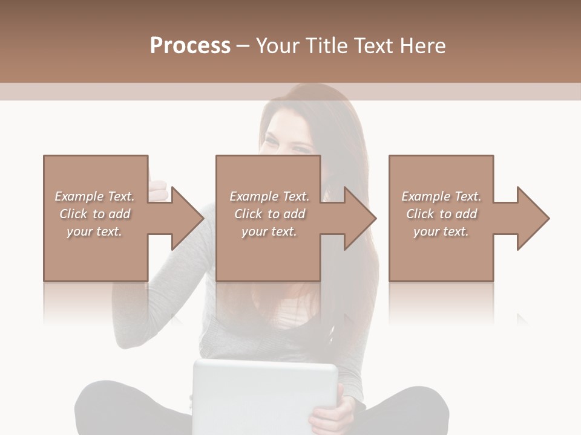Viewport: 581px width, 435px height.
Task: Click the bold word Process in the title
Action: (190, 46)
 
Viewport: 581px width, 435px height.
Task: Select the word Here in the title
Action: (423, 46)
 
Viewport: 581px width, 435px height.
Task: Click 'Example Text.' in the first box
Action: (95, 196)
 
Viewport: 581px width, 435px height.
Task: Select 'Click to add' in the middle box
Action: (270, 214)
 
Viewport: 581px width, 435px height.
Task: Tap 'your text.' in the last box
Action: (441, 231)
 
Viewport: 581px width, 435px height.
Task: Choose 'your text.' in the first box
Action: (95, 231)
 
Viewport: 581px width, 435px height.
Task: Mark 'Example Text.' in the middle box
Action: (270, 196)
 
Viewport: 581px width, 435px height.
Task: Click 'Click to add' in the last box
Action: (441, 214)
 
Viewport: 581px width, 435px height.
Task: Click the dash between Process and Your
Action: (243, 46)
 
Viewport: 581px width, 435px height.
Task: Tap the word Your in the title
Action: (277, 46)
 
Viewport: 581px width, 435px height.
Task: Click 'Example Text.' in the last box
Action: (441, 196)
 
